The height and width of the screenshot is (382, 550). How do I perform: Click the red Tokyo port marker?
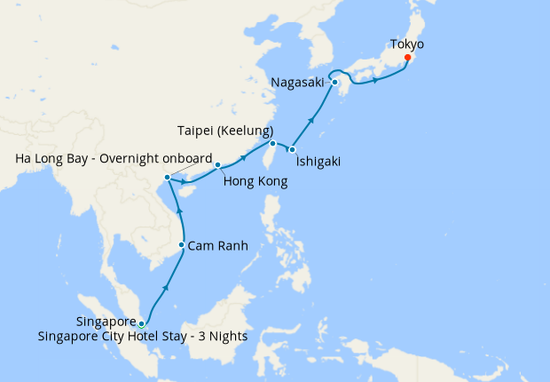pos(408,59)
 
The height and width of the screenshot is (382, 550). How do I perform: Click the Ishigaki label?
pos(318,162)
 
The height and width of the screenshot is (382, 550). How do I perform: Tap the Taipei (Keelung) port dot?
pos(273,143)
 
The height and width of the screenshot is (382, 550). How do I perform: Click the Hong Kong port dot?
pos(217,164)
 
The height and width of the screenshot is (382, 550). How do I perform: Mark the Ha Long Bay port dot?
pos(168,179)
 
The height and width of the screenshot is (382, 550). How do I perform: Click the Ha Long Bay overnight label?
pos(114,159)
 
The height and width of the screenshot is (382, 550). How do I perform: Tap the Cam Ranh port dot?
pos(182,245)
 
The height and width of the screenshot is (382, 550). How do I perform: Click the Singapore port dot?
pos(142,323)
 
